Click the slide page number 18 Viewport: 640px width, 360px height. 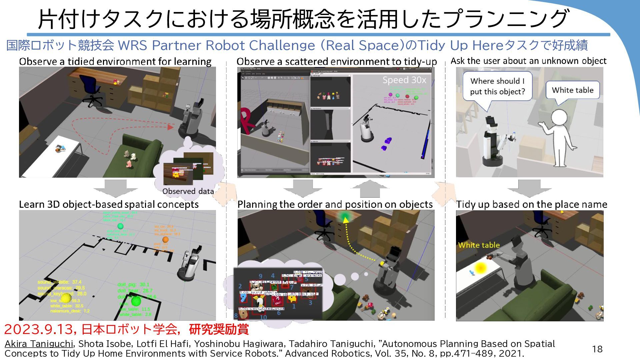(597, 349)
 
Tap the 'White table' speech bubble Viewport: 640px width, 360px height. (572, 90)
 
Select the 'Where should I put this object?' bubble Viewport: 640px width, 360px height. (497, 86)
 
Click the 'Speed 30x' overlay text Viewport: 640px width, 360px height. (404, 80)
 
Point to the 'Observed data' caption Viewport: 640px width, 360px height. (188, 191)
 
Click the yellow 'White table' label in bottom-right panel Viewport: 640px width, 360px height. (479, 245)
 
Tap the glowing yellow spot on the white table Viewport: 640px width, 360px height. (480, 268)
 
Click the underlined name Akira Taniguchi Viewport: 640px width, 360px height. (39, 344)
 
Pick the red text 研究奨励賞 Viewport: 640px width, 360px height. (219, 329)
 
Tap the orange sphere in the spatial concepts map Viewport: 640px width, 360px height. (165, 239)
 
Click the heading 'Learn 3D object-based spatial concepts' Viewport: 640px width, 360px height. (109, 204)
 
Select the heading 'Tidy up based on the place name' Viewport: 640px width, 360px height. (531, 204)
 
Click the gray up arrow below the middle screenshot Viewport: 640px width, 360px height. (370, 189)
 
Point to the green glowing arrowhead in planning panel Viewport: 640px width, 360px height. (345, 219)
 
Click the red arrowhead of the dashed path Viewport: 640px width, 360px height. (171, 127)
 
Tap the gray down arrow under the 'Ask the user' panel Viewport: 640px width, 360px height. (529, 188)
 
